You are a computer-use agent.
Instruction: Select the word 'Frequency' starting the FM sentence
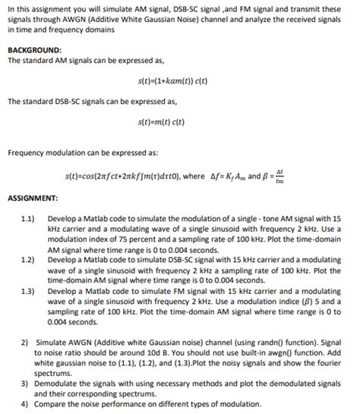tap(29, 153)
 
